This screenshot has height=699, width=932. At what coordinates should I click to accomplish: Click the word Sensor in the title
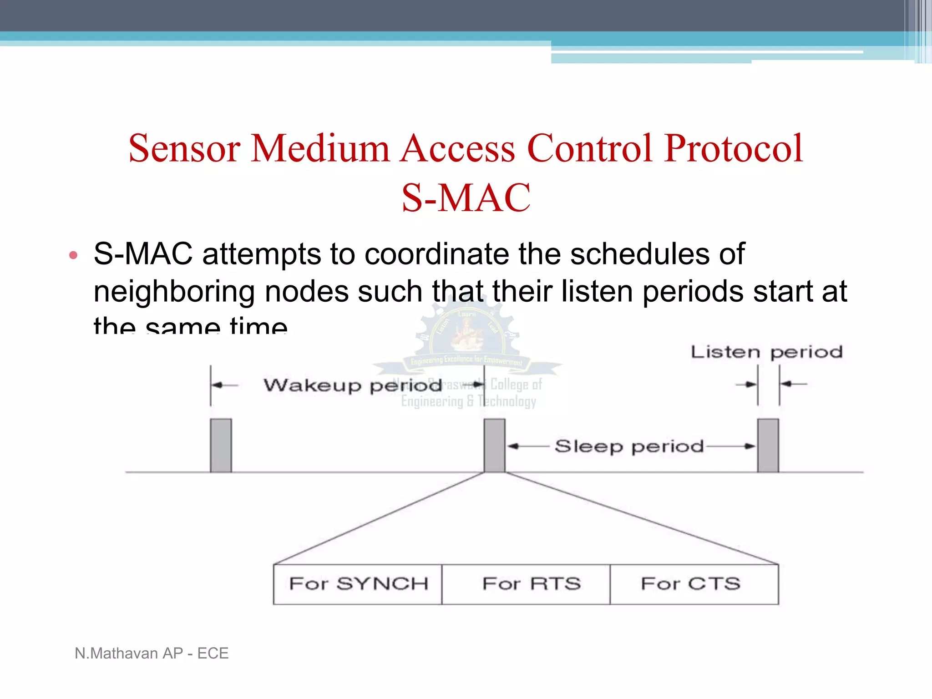click(184, 148)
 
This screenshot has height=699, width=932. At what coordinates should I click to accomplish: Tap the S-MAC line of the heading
click(466, 198)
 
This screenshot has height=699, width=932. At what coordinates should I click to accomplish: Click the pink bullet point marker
click(73, 255)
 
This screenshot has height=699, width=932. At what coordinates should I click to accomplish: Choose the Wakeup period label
click(353, 385)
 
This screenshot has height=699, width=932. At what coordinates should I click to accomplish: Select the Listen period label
click(766, 352)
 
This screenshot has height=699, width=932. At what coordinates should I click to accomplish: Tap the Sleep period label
click(629, 446)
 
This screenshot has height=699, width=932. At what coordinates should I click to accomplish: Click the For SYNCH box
click(358, 584)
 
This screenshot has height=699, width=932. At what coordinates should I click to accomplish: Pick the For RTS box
click(526, 584)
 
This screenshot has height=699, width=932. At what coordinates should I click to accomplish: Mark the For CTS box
click(694, 584)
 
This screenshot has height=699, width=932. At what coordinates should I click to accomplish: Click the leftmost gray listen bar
click(221, 446)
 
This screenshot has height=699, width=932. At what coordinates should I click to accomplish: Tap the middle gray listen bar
click(494, 446)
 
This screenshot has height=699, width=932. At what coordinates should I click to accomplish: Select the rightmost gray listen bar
click(768, 446)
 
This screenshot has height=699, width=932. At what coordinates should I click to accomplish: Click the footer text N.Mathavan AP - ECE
click(152, 653)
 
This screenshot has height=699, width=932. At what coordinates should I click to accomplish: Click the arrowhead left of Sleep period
click(513, 446)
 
